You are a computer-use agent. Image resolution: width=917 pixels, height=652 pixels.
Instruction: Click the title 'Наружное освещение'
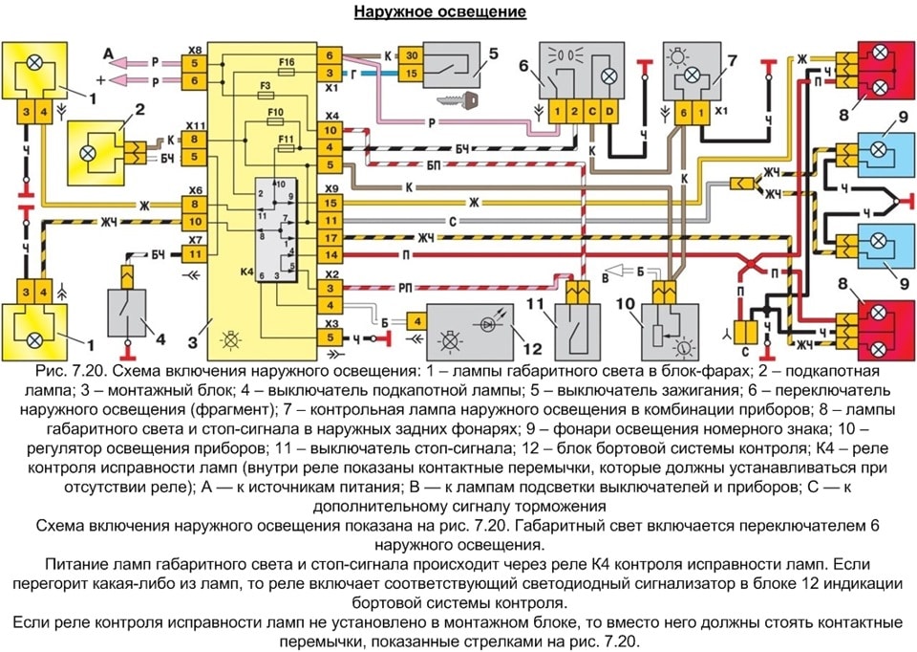[440, 11]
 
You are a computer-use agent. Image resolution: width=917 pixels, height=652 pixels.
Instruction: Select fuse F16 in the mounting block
[288, 72]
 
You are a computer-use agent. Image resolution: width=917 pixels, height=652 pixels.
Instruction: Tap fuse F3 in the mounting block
[266, 95]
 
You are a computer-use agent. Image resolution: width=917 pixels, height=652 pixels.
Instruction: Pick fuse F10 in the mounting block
[275, 121]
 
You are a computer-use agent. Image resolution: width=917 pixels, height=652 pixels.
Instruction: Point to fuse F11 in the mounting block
[286, 149]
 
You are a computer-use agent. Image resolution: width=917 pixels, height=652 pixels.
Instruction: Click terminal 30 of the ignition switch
[412, 55]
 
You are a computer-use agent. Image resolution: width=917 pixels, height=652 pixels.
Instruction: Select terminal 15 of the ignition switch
[412, 74]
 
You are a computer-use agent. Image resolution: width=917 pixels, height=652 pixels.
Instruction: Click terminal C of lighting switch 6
[592, 111]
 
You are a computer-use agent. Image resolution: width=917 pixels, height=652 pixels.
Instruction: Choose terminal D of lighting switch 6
[609, 111]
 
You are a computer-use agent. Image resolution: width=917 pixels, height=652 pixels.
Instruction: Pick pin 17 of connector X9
[331, 238]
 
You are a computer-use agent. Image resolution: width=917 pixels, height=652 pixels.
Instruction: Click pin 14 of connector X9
[331, 255]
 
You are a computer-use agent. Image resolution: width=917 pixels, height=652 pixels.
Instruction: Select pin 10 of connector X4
[331, 130]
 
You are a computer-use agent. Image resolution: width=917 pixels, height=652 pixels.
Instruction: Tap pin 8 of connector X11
[194, 140]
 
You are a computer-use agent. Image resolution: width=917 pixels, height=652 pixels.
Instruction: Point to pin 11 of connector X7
[195, 254]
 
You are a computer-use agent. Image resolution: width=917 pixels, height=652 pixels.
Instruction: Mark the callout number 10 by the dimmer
[625, 304]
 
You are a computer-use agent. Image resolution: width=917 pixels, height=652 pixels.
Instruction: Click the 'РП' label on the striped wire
[405, 288]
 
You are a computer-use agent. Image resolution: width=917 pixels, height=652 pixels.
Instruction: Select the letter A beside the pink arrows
[108, 54]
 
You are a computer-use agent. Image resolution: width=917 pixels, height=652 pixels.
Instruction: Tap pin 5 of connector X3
[331, 337]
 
